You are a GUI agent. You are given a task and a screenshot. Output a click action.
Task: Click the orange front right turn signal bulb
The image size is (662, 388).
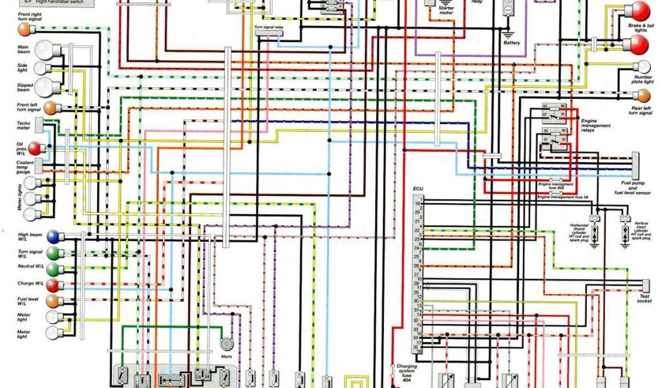pos(25,30)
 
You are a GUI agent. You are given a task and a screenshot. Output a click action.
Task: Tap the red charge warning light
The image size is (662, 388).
pos(54,285)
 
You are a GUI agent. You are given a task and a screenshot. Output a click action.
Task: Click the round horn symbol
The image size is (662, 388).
pos(226,345)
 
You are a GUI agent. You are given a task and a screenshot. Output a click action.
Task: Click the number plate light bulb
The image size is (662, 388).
pos(643,67)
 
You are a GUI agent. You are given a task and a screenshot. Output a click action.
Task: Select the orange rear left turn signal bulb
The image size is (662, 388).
pos(643,94)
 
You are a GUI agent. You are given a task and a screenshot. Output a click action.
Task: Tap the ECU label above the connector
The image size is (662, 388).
pos(418,189)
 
